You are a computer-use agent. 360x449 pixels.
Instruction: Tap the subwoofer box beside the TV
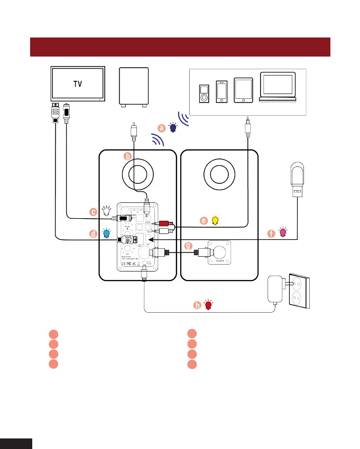tap(134, 86)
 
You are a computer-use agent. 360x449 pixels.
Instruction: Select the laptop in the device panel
tap(278, 86)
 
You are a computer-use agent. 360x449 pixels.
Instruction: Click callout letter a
tap(162, 127)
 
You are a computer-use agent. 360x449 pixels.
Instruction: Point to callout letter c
tap(93, 212)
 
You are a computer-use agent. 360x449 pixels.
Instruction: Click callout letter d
tap(93, 232)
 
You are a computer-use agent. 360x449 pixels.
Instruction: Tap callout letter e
tap(203, 221)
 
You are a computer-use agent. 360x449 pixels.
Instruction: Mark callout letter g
tap(189, 246)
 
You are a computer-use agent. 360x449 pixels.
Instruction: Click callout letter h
tap(197, 305)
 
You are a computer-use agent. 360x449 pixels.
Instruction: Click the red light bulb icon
tap(208, 305)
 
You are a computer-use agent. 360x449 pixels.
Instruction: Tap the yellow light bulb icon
tap(215, 220)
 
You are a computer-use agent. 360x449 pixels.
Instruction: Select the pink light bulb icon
tap(283, 232)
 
